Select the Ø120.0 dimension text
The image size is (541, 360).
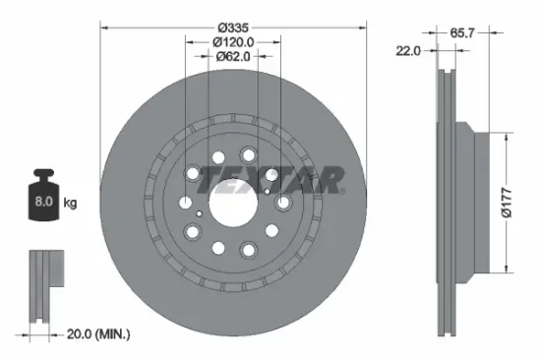pos(233,41)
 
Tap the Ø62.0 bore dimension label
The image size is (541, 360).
pos(233,57)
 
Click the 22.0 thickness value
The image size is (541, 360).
pos(409,50)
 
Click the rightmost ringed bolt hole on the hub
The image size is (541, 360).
pos(283,203)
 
